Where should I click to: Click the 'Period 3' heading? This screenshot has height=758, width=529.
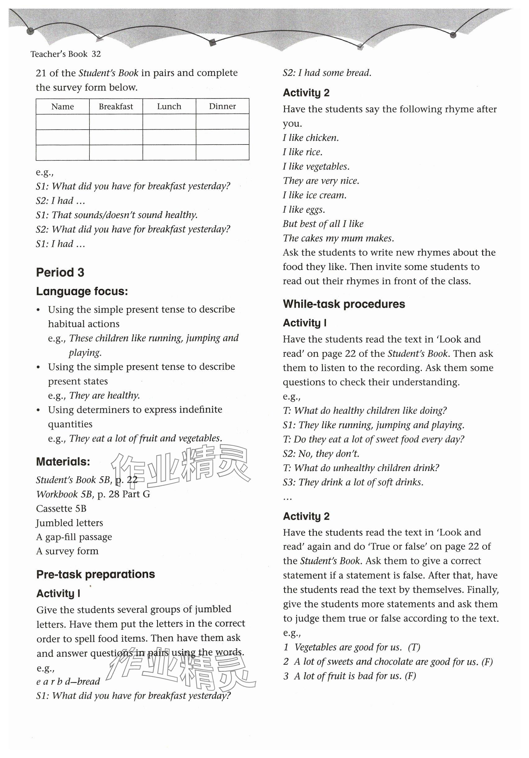coord(60,273)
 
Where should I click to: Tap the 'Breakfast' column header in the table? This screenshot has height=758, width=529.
coord(116,106)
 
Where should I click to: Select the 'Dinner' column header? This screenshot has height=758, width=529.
coord(222,106)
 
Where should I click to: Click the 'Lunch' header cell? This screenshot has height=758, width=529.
coord(169,106)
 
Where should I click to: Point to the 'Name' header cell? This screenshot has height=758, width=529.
coord(62,106)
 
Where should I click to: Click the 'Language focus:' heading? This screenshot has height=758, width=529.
coord(82,291)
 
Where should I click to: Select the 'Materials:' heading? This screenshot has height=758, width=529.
coord(63,461)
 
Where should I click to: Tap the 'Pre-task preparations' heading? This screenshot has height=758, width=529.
coord(96,574)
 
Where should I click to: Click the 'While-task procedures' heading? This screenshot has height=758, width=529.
coord(344,304)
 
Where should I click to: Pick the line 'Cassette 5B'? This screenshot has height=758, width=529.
coord(61,508)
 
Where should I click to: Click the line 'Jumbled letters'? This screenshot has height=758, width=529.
coord(70,523)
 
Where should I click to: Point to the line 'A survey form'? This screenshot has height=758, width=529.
coord(67,551)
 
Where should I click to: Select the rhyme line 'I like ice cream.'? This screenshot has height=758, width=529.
coord(314,195)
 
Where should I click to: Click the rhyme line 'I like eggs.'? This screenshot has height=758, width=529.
coord(304,209)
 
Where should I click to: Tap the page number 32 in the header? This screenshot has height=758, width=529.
coord(96,54)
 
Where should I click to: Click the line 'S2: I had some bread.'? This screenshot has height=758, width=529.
coord(327,73)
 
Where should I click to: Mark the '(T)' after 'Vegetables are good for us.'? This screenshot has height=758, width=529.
coord(414,647)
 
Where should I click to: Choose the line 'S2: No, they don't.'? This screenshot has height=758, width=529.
coord(321,454)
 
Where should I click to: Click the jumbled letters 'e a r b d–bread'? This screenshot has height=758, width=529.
coord(68,681)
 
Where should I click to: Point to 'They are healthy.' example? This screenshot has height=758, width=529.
coord(105,395)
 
